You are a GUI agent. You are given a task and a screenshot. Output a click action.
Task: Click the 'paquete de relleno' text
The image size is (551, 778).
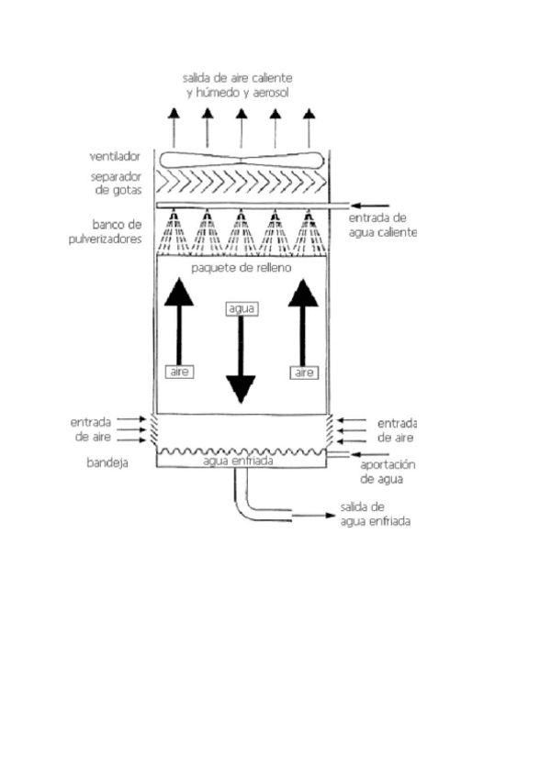pos(241,268)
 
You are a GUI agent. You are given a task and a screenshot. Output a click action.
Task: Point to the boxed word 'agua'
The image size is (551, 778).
pos(241,309)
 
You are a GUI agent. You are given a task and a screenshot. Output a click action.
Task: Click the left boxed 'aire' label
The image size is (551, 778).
pos(178,372)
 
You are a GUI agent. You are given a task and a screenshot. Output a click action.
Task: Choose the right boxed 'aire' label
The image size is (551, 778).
pos(304,372)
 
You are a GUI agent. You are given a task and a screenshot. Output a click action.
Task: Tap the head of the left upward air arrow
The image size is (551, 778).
pos(178,293)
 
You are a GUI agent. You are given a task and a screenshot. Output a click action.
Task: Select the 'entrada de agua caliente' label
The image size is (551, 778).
pos(383,225)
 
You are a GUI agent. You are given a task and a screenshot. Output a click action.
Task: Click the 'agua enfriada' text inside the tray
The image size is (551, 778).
pos(241,461)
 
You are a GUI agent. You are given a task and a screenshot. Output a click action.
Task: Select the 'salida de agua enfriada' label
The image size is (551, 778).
pos(374,514)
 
